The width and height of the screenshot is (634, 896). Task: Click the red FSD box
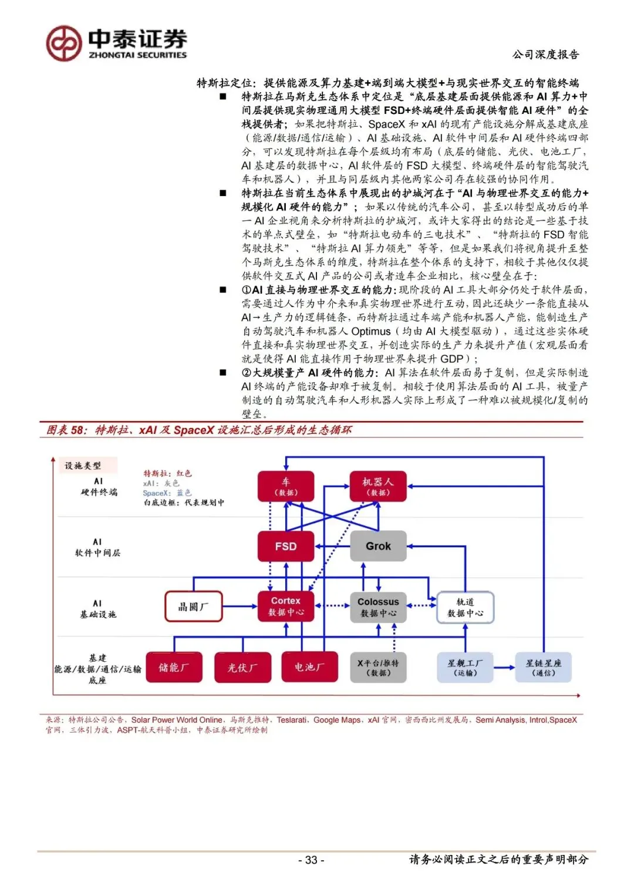tap(286, 546)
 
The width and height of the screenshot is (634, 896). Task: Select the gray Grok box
tap(379, 546)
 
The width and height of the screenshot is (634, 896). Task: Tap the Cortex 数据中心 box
tap(286, 607)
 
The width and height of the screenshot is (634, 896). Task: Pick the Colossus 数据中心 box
tap(379, 607)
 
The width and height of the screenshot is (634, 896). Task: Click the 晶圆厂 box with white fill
tap(193, 607)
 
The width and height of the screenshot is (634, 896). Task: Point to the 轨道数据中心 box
tap(466, 607)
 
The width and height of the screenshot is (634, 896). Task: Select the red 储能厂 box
tap(174, 667)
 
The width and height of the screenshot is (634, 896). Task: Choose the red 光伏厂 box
tap(242, 667)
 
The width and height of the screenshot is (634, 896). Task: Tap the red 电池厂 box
tap(309, 667)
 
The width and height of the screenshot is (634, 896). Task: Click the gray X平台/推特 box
tap(379, 668)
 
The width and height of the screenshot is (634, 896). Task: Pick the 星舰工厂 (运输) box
tap(466, 668)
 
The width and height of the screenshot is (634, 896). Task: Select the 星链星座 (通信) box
tap(543, 668)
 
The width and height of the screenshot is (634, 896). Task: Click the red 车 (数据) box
tap(286, 487)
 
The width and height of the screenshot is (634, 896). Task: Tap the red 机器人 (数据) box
tap(379, 487)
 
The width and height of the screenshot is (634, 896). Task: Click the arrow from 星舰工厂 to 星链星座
tap(504, 668)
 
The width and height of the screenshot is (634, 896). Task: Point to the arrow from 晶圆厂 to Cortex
tap(240, 607)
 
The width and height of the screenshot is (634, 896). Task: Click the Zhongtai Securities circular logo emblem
tap(63, 43)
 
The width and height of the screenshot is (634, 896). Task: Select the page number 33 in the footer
tap(311, 860)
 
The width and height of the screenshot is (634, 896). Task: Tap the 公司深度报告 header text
tap(545, 55)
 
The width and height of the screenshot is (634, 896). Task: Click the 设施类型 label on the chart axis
tap(83, 466)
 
